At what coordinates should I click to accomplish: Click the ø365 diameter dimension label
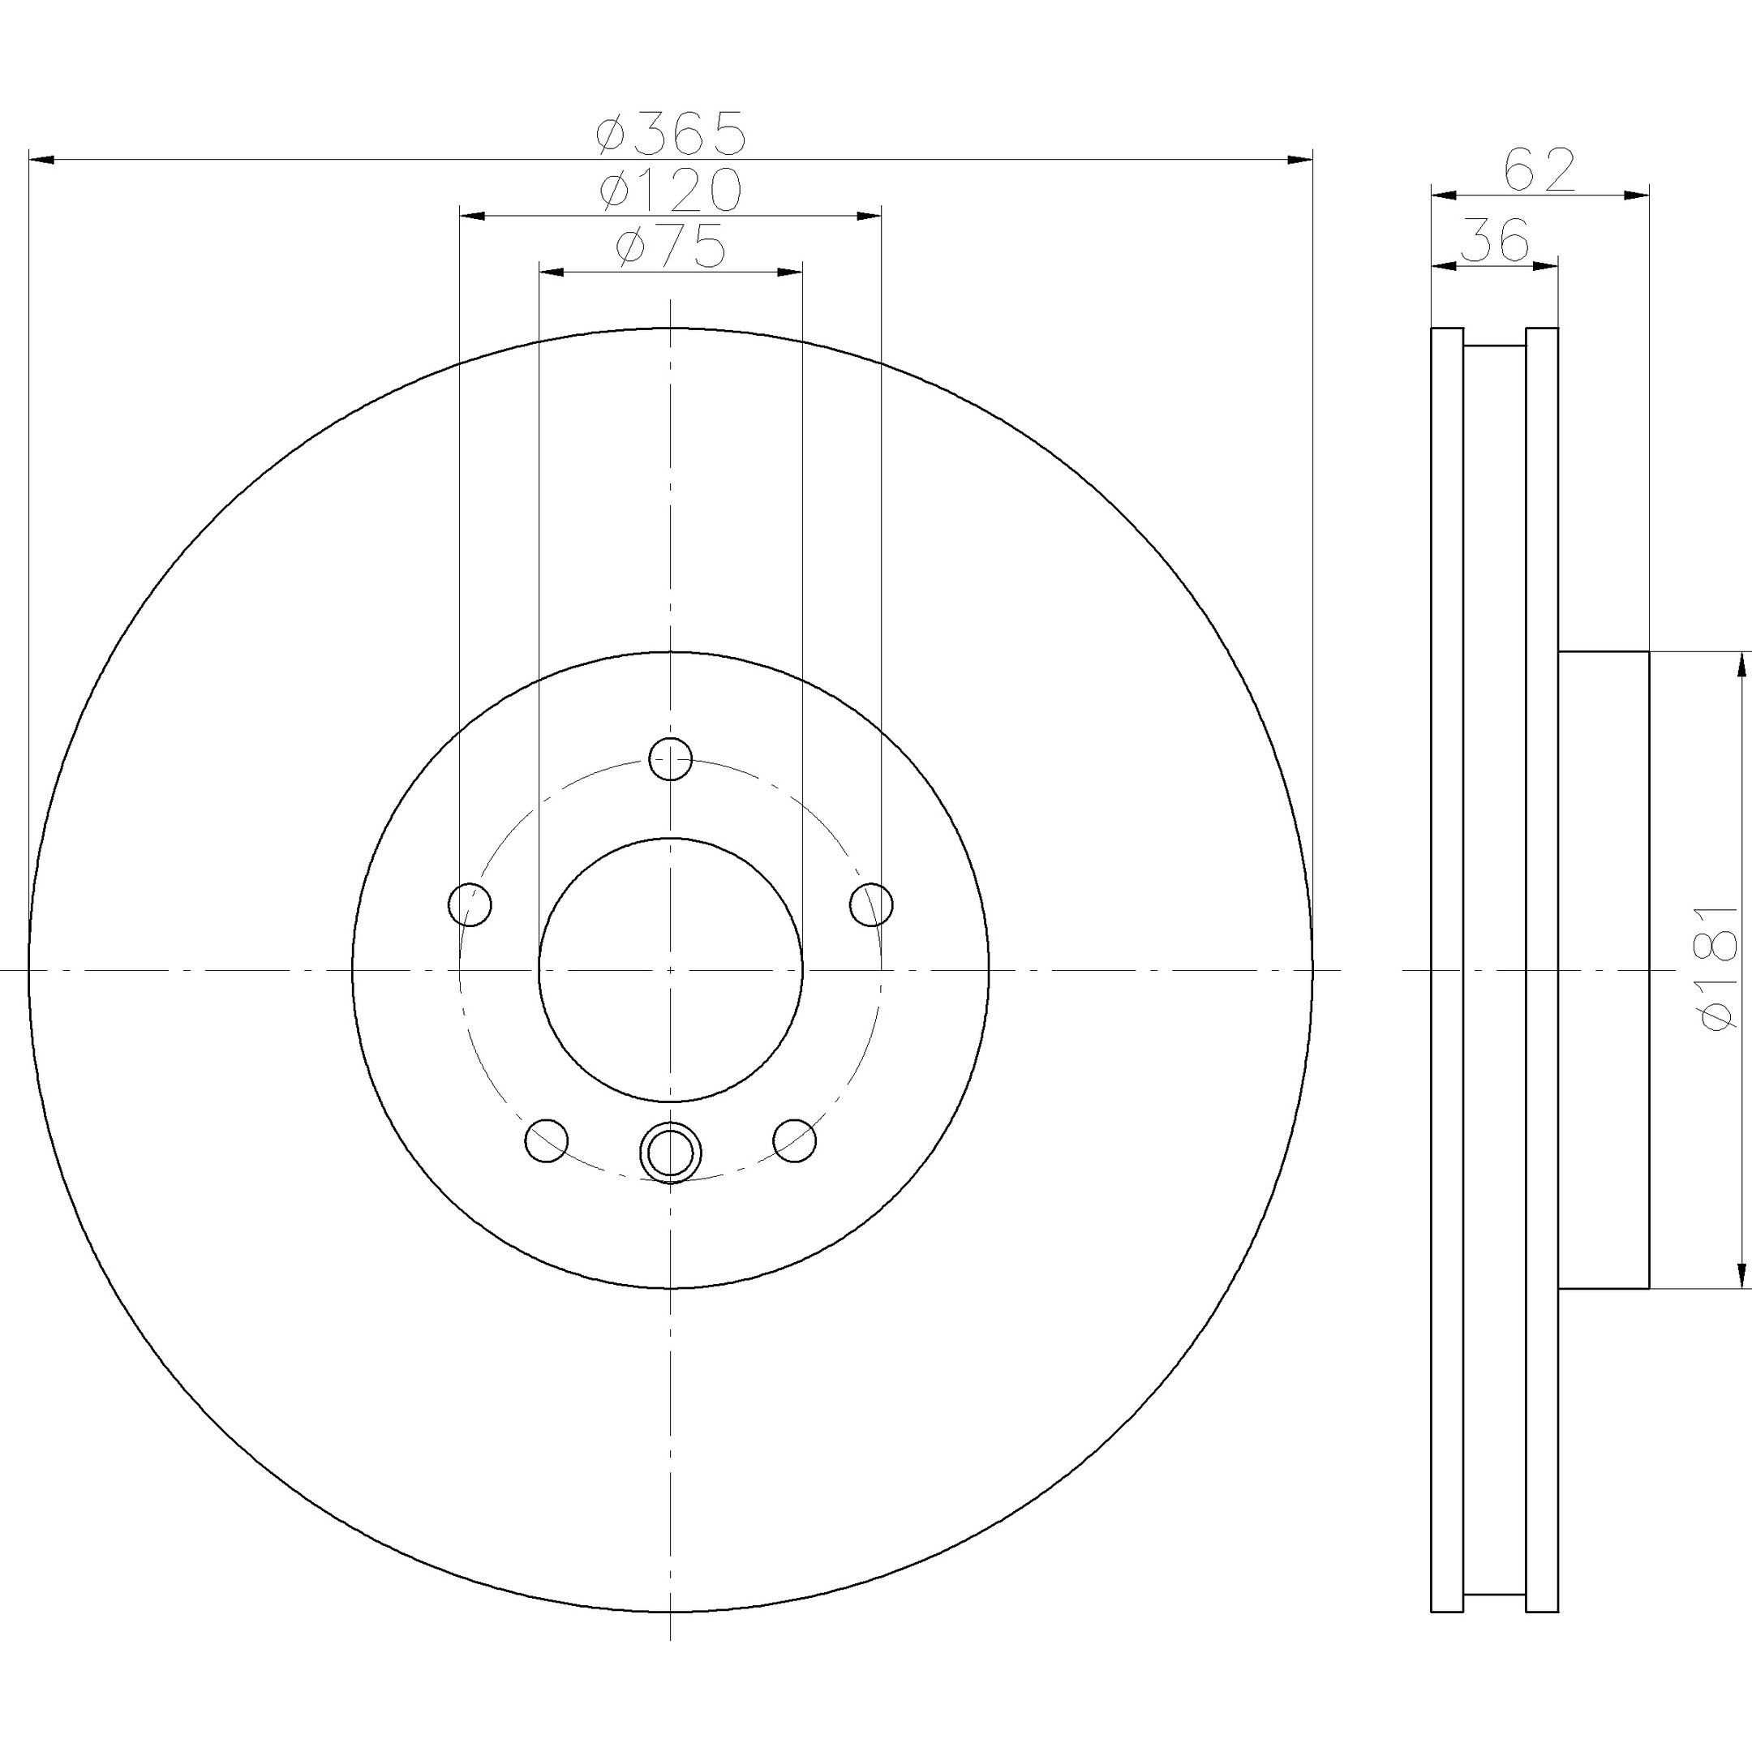pos(670,133)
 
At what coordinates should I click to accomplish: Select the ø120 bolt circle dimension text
pos(670,190)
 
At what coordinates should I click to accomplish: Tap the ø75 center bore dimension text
pos(670,247)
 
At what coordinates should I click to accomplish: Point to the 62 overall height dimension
pos(1539,170)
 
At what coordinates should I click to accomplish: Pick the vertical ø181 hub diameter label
pos(1720,968)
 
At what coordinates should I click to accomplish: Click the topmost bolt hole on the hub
pos(671,759)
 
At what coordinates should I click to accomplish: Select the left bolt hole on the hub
pos(470,904)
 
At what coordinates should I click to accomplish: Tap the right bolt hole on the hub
pos(871,904)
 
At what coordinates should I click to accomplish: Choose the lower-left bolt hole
pos(547,1140)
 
